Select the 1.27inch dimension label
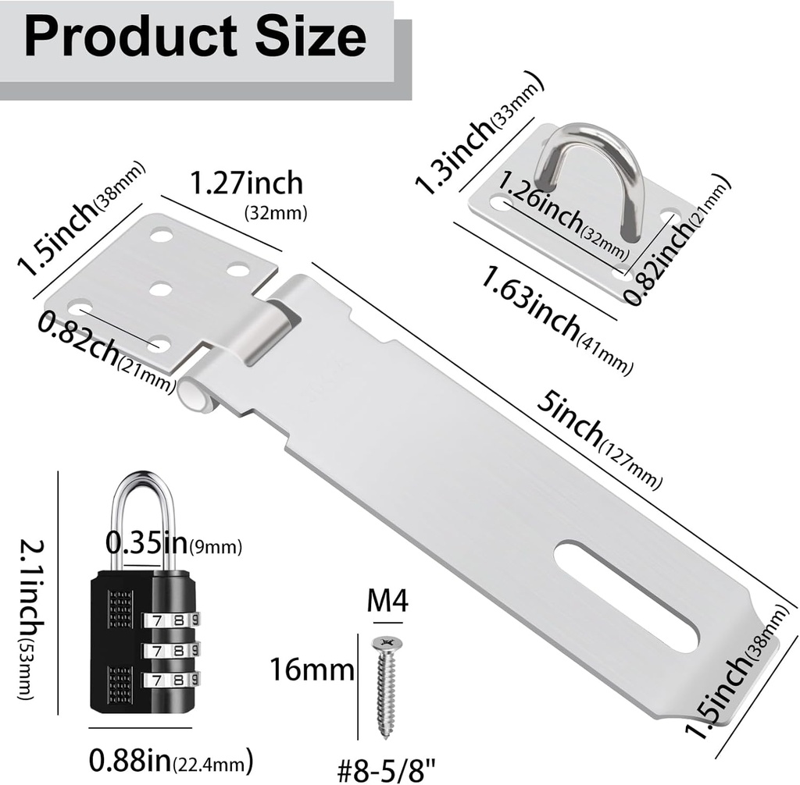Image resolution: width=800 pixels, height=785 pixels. tap(246, 183)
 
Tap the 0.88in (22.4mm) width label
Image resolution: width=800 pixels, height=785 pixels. tap(172, 758)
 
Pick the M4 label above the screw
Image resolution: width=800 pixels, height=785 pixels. tap(387, 602)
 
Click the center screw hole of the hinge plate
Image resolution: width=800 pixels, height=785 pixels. tap(160, 289)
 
